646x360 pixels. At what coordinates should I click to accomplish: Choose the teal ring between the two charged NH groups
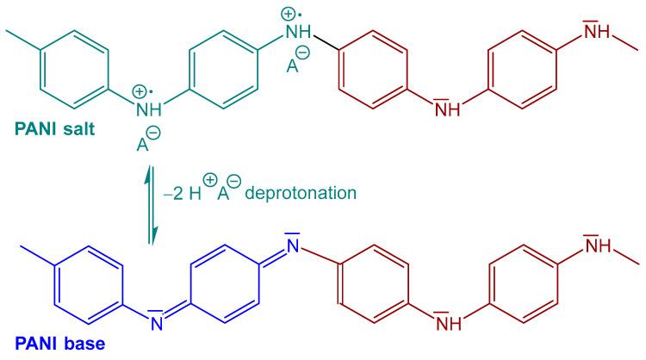point(222,69)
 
